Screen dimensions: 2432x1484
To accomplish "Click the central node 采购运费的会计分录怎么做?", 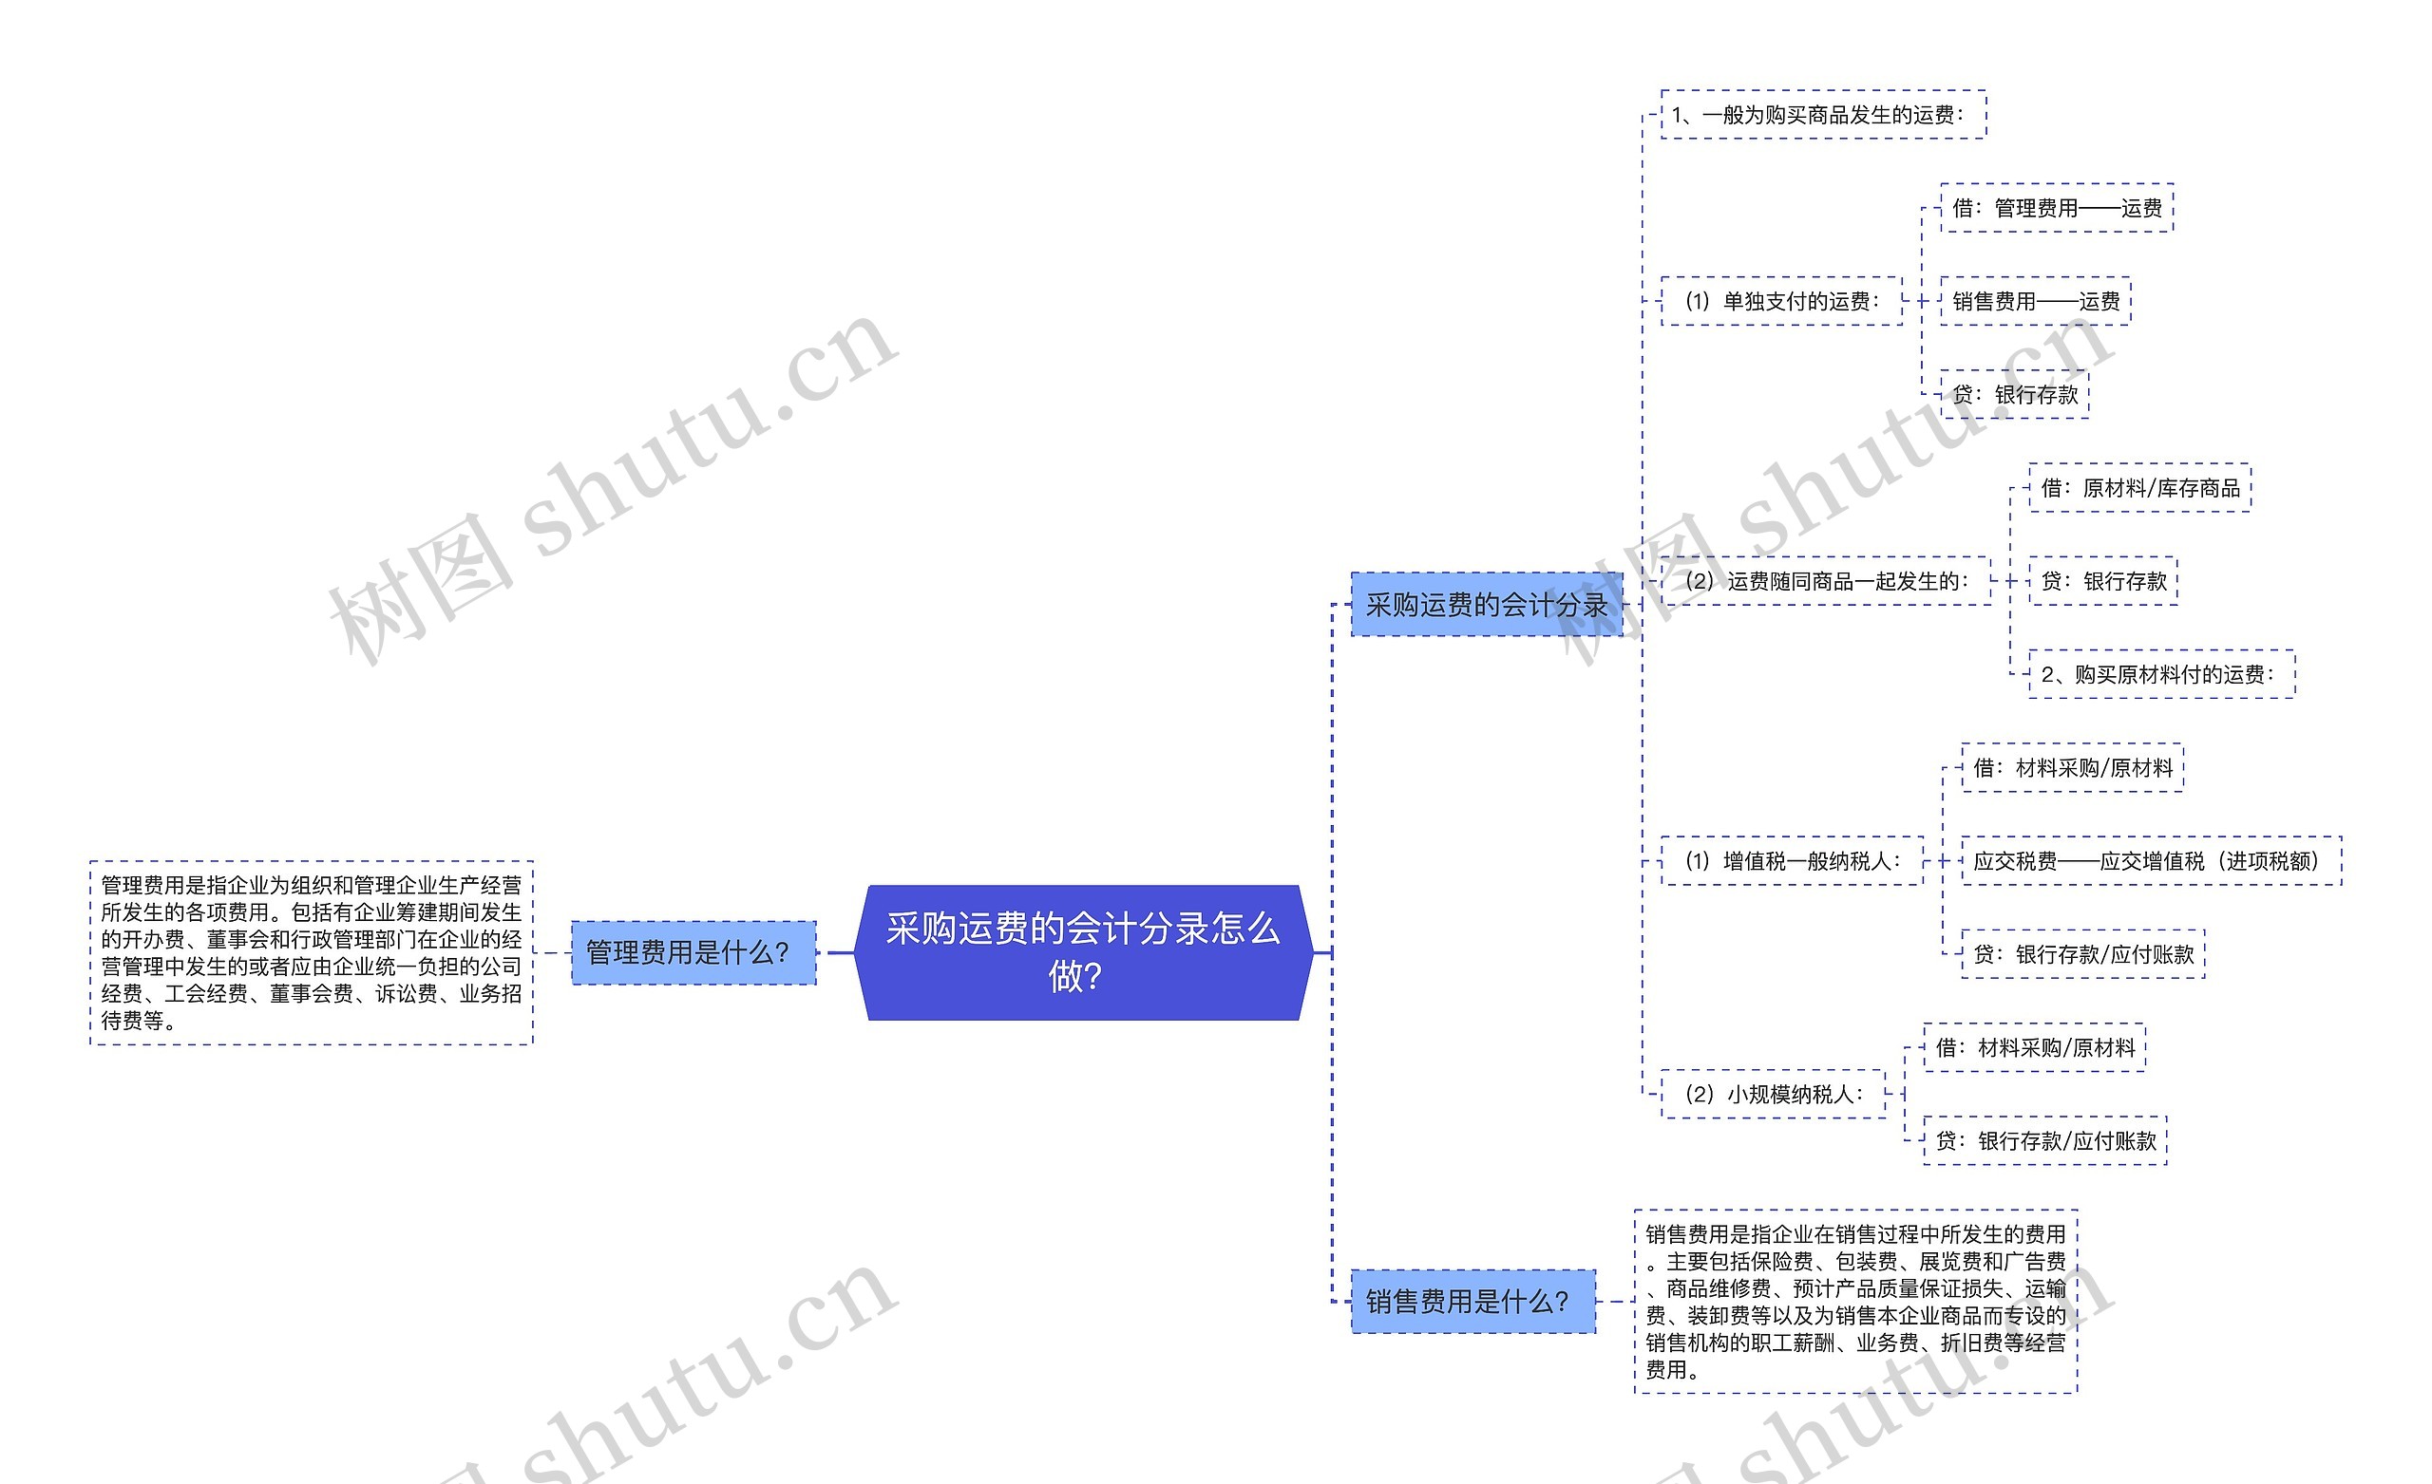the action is coord(1083,952).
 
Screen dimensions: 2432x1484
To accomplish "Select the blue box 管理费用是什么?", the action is coord(693,952).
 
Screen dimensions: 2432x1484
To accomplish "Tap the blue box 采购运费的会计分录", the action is coord(1486,604).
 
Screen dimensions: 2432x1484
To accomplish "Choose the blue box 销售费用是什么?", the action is coord(1472,1302).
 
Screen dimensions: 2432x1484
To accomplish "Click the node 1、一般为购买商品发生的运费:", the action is coord(1822,115).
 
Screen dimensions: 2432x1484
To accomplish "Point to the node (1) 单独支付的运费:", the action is coord(1780,301).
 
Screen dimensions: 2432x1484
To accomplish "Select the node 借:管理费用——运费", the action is coord(2056,208).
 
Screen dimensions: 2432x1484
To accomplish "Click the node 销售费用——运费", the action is coord(2034,301).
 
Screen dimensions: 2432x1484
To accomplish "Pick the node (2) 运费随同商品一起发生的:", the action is coord(1825,581).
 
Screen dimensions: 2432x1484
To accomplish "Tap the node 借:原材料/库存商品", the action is coord(2138,487).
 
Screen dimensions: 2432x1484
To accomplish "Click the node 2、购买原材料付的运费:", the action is coord(2160,674).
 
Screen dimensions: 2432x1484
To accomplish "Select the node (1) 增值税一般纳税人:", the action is coord(1792,860).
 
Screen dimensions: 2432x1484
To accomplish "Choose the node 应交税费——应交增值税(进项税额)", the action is coord(2150,860).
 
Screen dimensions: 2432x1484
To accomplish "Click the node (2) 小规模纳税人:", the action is coord(1773,1093).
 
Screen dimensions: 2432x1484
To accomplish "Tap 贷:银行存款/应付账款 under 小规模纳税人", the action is coord(2044,1140).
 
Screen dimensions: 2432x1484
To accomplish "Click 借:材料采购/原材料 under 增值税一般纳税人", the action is coord(2072,768).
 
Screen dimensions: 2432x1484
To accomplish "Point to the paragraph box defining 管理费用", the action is coord(311,952).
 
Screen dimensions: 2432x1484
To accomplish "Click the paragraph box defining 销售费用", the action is coord(1854,1301).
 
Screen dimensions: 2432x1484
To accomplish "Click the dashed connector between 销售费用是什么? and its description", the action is coord(1615,1302).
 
